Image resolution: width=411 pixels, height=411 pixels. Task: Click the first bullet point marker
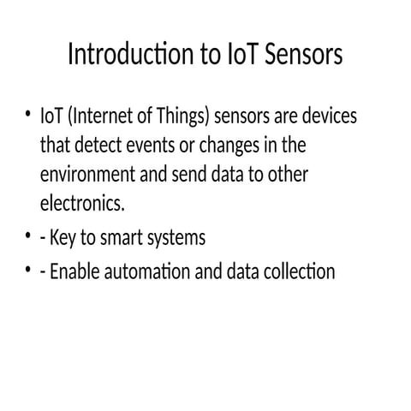point(26,115)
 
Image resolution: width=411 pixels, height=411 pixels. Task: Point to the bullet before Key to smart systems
point(26,237)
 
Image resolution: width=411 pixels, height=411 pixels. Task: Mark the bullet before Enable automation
point(26,271)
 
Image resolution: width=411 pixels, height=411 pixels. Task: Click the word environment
point(88,175)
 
